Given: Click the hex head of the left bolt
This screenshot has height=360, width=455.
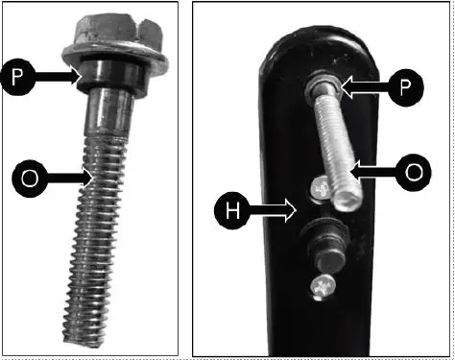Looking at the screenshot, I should [x=106, y=32].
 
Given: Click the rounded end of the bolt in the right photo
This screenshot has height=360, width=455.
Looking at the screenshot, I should [x=346, y=202].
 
